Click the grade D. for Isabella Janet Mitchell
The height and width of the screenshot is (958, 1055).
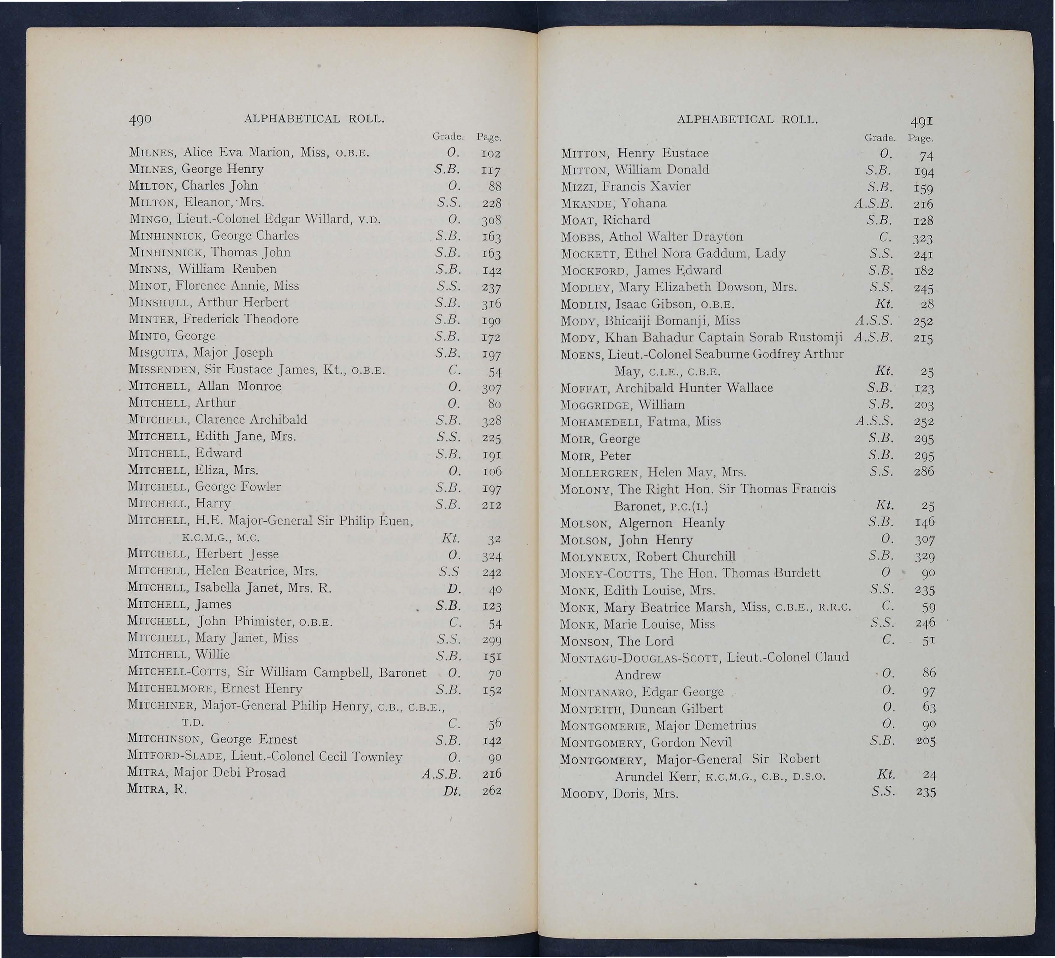coord(454,589)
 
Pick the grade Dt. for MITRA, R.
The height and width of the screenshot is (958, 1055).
coord(452,791)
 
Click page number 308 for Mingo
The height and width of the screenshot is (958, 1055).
coord(492,220)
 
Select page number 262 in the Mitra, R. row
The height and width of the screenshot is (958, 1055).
coord(492,791)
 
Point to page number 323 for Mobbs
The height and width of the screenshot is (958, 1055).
coord(923,238)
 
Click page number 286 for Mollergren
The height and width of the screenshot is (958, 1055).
coord(924,471)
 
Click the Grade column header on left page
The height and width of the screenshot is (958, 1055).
coord(448,137)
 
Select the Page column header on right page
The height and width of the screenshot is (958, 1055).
coord(921,139)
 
